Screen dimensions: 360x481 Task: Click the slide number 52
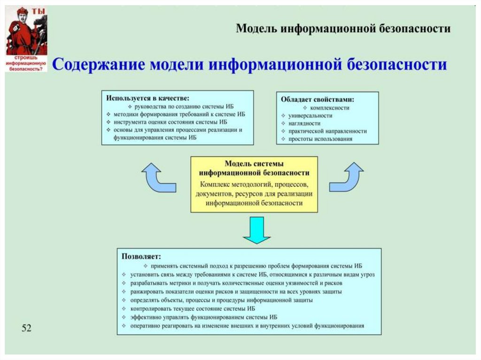(x=26, y=328)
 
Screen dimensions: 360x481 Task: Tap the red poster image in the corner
(x=26, y=39)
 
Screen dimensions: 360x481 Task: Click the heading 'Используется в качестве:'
(x=147, y=99)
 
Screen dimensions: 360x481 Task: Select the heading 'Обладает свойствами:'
(x=317, y=100)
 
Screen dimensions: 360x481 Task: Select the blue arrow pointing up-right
(x=347, y=177)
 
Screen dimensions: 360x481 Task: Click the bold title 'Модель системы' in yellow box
(x=254, y=164)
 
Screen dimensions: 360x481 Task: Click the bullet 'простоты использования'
(x=320, y=139)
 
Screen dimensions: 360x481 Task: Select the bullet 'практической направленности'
(x=327, y=131)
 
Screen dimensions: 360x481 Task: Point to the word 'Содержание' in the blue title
(x=98, y=65)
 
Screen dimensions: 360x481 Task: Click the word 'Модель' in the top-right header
(x=256, y=29)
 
